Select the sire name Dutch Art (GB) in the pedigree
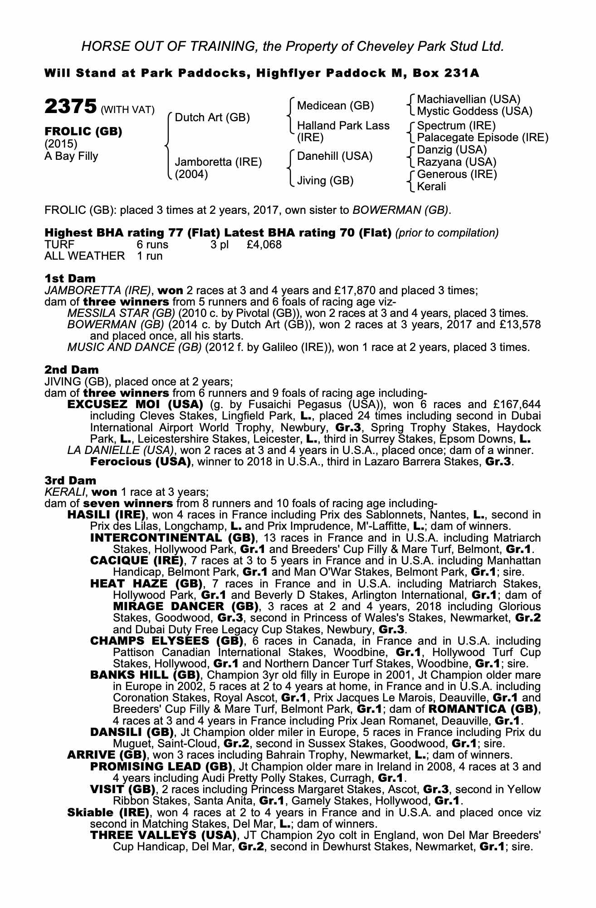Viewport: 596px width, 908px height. coord(212,118)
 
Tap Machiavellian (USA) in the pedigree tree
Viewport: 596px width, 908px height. coord(469,99)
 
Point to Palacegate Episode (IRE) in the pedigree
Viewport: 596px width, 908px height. coord(483,138)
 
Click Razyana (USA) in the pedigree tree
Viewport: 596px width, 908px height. coord(456,162)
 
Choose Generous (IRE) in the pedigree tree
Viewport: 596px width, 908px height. coord(457,174)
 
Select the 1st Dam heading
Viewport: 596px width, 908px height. coord(70,278)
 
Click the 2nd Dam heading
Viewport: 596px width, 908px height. coord(71,370)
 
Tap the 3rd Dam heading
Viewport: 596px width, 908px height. coord(70,480)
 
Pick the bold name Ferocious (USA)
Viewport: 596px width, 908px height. coord(140,462)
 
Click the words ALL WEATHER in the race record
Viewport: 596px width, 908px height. coord(84,256)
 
